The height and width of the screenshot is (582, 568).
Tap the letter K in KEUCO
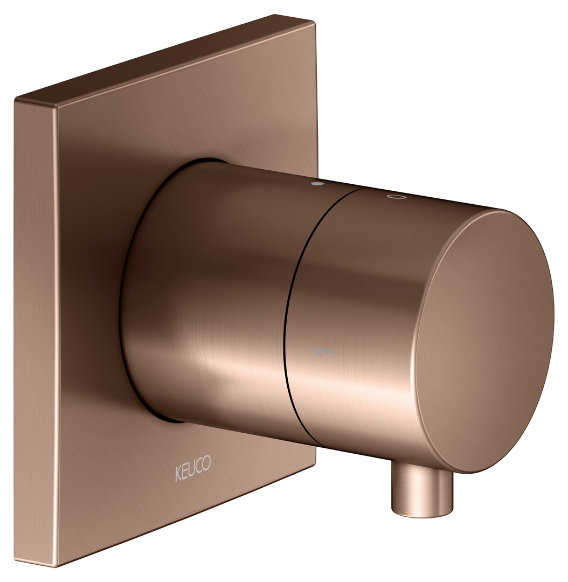pos(178,474)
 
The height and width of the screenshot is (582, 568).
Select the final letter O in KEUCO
pos(207,463)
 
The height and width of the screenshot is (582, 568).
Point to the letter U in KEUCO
pos(192,469)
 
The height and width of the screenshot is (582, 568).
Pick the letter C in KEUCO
pos(199,466)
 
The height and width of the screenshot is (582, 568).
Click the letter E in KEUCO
pos(184,472)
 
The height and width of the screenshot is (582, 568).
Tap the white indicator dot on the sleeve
pos(317,184)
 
